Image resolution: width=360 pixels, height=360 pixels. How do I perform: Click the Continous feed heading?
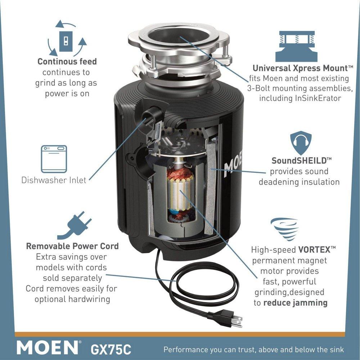pos(67,62)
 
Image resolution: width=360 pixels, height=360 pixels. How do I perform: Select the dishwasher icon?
pos(54,159)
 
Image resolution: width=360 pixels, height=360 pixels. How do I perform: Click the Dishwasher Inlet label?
pos(54,180)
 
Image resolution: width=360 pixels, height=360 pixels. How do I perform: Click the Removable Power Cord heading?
pos(72,247)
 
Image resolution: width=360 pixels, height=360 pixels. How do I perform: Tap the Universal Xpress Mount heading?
pos(299,68)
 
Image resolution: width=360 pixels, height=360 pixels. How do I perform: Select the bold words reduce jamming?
pos(295,302)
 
